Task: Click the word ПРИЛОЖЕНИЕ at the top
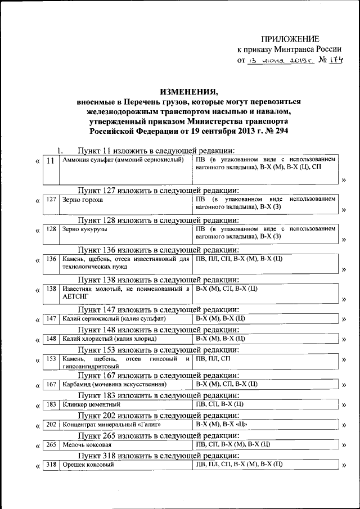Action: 290,39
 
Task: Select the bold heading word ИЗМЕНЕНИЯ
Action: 188,92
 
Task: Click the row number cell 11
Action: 51,161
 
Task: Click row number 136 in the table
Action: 51,259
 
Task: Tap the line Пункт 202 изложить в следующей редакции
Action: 159,415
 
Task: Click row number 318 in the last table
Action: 51,465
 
